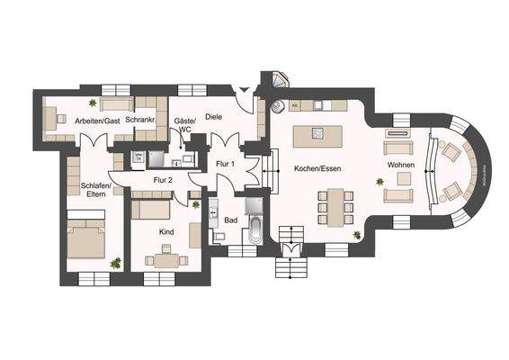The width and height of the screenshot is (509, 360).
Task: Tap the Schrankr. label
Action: click(142, 121)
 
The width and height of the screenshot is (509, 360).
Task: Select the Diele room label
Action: click(213, 116)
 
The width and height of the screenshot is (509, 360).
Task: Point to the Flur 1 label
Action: click(226, 164)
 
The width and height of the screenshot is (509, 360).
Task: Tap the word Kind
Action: click(166, 231)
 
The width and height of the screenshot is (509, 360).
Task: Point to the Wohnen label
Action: click(400, 167)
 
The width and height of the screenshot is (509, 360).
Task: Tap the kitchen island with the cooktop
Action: click(325, 134)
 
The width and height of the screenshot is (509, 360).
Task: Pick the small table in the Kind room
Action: click(164, 260)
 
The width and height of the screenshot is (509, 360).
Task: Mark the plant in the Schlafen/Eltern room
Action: click(115, 263)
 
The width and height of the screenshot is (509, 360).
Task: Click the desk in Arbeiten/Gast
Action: click(56, 118)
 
